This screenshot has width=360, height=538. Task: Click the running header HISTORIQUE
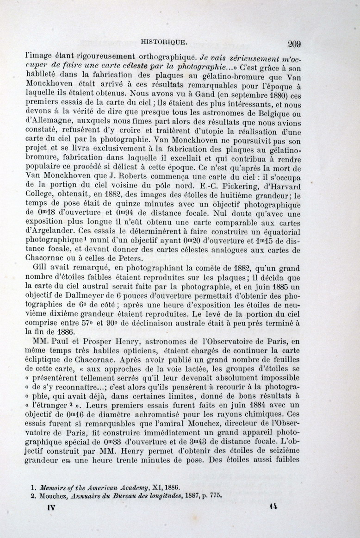(164, 42)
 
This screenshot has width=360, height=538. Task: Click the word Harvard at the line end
(285, 187)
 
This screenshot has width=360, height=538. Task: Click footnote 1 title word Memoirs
(56, 488)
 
